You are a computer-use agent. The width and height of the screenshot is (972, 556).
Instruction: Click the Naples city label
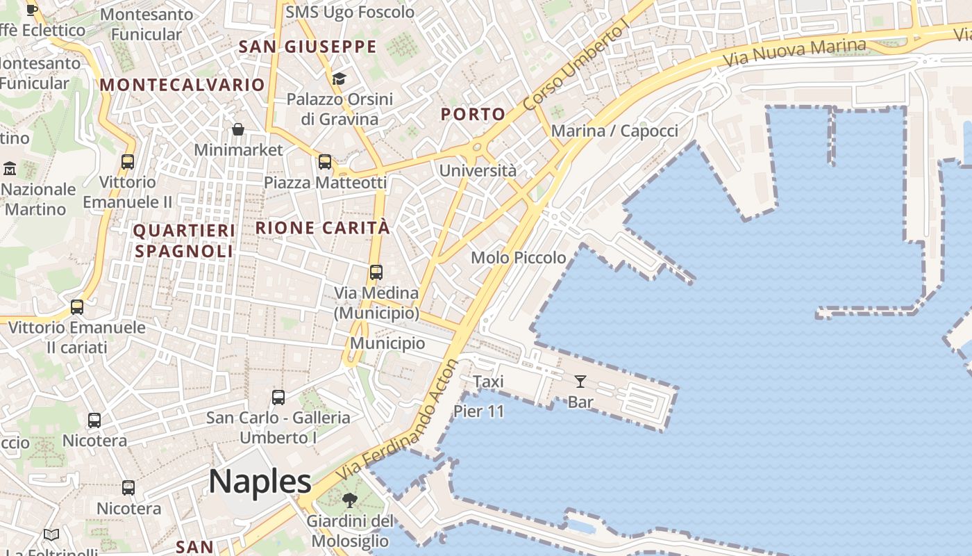point(260,482)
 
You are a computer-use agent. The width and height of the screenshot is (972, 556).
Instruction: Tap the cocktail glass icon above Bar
point(580,381)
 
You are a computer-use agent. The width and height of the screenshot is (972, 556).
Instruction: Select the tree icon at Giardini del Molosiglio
point(350,500)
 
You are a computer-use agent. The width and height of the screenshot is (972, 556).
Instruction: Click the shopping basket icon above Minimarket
point(238,129)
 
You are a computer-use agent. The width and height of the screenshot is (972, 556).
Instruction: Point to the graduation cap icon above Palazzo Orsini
point(339,79)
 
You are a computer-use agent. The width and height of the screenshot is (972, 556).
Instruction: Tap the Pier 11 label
point(478,411)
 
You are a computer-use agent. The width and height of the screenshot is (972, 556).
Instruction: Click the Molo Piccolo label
point(519,258)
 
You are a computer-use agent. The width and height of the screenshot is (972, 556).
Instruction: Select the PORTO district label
point(474,115)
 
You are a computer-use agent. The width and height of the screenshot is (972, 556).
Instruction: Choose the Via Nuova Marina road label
point(795,53)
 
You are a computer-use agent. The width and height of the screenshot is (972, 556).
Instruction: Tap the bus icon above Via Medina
point(376,272)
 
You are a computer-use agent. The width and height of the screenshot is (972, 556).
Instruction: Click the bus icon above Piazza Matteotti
point(325,162)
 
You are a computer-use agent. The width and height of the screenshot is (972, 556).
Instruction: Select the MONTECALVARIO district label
point(183,85)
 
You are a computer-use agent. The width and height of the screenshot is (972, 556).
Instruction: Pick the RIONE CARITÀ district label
point(323,227)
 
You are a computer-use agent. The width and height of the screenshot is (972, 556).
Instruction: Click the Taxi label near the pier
point(488,382)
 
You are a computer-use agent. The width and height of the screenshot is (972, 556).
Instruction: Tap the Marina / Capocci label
point(614,131)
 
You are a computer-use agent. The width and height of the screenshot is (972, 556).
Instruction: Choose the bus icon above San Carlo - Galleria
point(278,398)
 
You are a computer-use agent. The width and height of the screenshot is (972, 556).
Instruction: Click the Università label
point(478,170)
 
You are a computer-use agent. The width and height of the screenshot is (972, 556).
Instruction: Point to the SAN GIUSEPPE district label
point(307,47)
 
